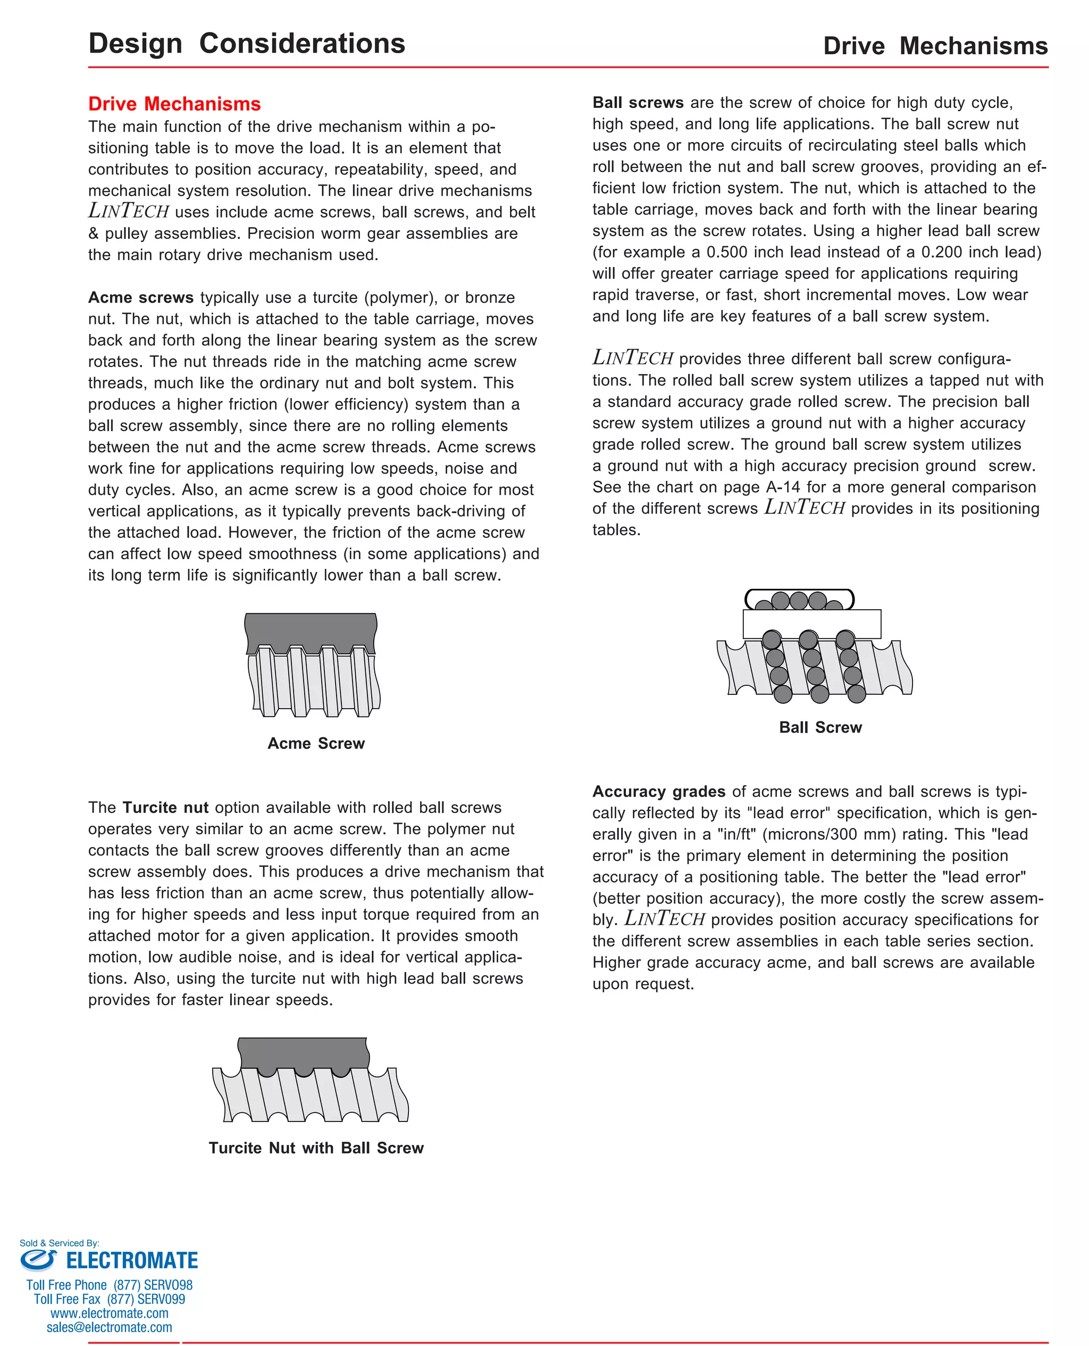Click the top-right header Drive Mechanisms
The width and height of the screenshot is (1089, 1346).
tap(935, 46)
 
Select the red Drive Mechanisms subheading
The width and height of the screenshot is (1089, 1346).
tap(174, 104)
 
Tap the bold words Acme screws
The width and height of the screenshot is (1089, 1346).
tap(140, 297)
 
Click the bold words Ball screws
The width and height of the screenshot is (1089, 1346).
tap(638, 103)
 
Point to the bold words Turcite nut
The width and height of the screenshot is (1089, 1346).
tap(165, 808)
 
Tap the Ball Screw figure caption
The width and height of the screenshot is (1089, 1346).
tap(820, 727)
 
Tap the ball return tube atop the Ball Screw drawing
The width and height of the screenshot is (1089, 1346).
tap(799, 599)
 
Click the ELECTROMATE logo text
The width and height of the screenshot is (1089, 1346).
tap(132, 1261)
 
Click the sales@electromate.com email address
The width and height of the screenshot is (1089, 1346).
tap(109, 1327)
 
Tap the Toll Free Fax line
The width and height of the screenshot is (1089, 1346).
tap(109, 1299)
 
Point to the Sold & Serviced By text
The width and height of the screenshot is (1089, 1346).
tap(59, 1243)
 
